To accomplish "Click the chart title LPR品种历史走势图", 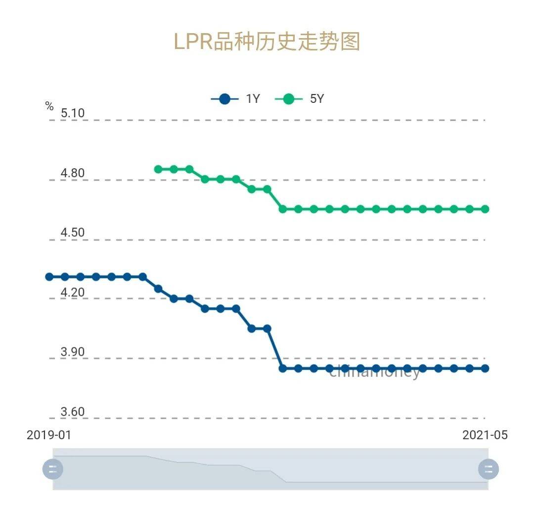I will point(267,42).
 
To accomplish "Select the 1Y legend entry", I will point(235,99).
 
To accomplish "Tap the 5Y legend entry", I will point(300,99).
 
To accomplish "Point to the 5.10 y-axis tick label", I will point(73,113).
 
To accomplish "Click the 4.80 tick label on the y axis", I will point(73,173).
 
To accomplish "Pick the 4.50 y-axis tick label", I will point(73,233).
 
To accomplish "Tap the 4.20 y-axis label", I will point(73,292).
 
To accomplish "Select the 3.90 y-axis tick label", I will point(73,352).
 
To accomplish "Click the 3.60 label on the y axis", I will point(73,412).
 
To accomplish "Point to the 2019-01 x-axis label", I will point(48,435).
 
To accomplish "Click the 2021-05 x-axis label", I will point(485,435).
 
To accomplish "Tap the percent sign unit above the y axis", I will point(49,106).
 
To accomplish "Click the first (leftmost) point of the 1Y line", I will point(49,277).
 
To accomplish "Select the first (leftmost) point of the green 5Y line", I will point(158,169).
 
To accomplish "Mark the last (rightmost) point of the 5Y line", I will point(485,209).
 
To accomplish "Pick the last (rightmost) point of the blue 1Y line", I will point(485,368).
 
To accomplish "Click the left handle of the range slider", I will point(53,469).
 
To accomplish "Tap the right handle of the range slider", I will point(489,469).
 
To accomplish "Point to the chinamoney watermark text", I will point(375,372).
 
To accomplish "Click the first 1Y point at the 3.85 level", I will point(283,368).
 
